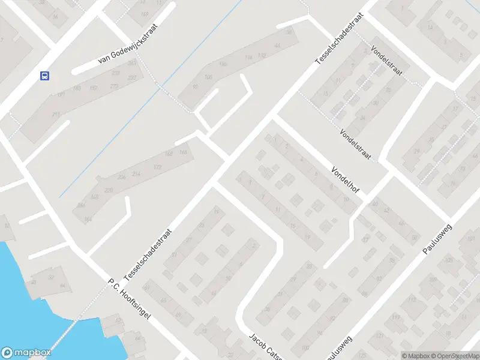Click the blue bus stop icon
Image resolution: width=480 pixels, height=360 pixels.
44,76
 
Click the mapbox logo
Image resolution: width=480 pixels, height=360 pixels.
25,352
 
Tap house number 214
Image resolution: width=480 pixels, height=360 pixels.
136,174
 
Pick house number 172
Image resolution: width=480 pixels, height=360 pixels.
158,167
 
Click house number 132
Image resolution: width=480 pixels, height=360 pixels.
262,55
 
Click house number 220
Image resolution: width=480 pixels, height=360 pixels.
109,190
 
